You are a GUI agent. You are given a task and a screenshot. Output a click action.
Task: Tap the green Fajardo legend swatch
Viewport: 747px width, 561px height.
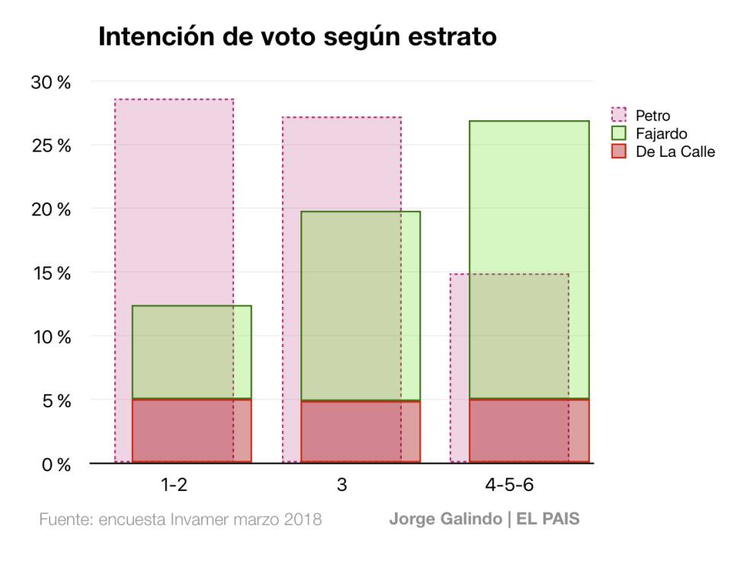(x=619, y=133)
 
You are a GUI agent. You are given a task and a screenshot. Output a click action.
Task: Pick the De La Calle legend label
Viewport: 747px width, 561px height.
(x=675, y=151)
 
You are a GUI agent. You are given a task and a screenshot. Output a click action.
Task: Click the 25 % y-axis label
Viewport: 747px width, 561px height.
(x=50, y=146)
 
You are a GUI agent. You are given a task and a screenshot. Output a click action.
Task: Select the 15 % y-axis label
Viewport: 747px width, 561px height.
(x=50, y=273)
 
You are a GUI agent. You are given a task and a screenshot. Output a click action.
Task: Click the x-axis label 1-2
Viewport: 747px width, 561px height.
(x=173, y=485)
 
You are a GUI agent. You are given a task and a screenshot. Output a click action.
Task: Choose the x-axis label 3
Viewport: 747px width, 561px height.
(x=341, y=485)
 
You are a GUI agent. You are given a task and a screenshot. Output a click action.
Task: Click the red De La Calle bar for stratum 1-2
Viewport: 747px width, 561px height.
(x=191, y=431)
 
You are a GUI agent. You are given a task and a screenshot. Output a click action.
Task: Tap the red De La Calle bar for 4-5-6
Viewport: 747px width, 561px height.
(x=529, y=431)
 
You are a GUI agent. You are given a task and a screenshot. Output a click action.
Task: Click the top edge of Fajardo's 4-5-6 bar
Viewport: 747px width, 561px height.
(x=529, y=121)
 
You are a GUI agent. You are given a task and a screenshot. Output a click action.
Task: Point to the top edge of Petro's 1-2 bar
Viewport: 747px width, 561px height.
(x=174, y=99)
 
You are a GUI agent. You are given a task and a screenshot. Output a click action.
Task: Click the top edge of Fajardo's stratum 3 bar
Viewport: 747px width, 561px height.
(x=360, y=212)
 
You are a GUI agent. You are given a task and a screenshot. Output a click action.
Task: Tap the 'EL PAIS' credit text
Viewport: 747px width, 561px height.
(x=548, y=520)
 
